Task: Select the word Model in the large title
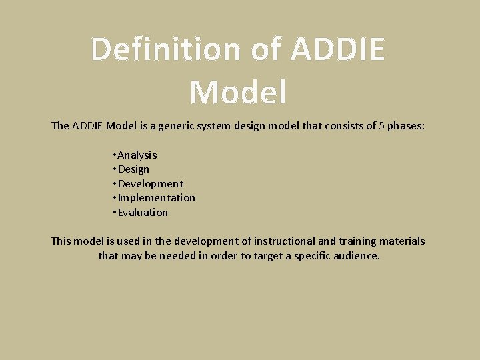pos(238,92)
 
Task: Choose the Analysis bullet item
pos(137,155)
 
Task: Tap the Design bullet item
pos(133,169)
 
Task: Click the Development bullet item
pos(150,183)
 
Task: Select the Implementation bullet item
pos(156,198)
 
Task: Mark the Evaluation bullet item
pos(143,213)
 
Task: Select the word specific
pos(323,256)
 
